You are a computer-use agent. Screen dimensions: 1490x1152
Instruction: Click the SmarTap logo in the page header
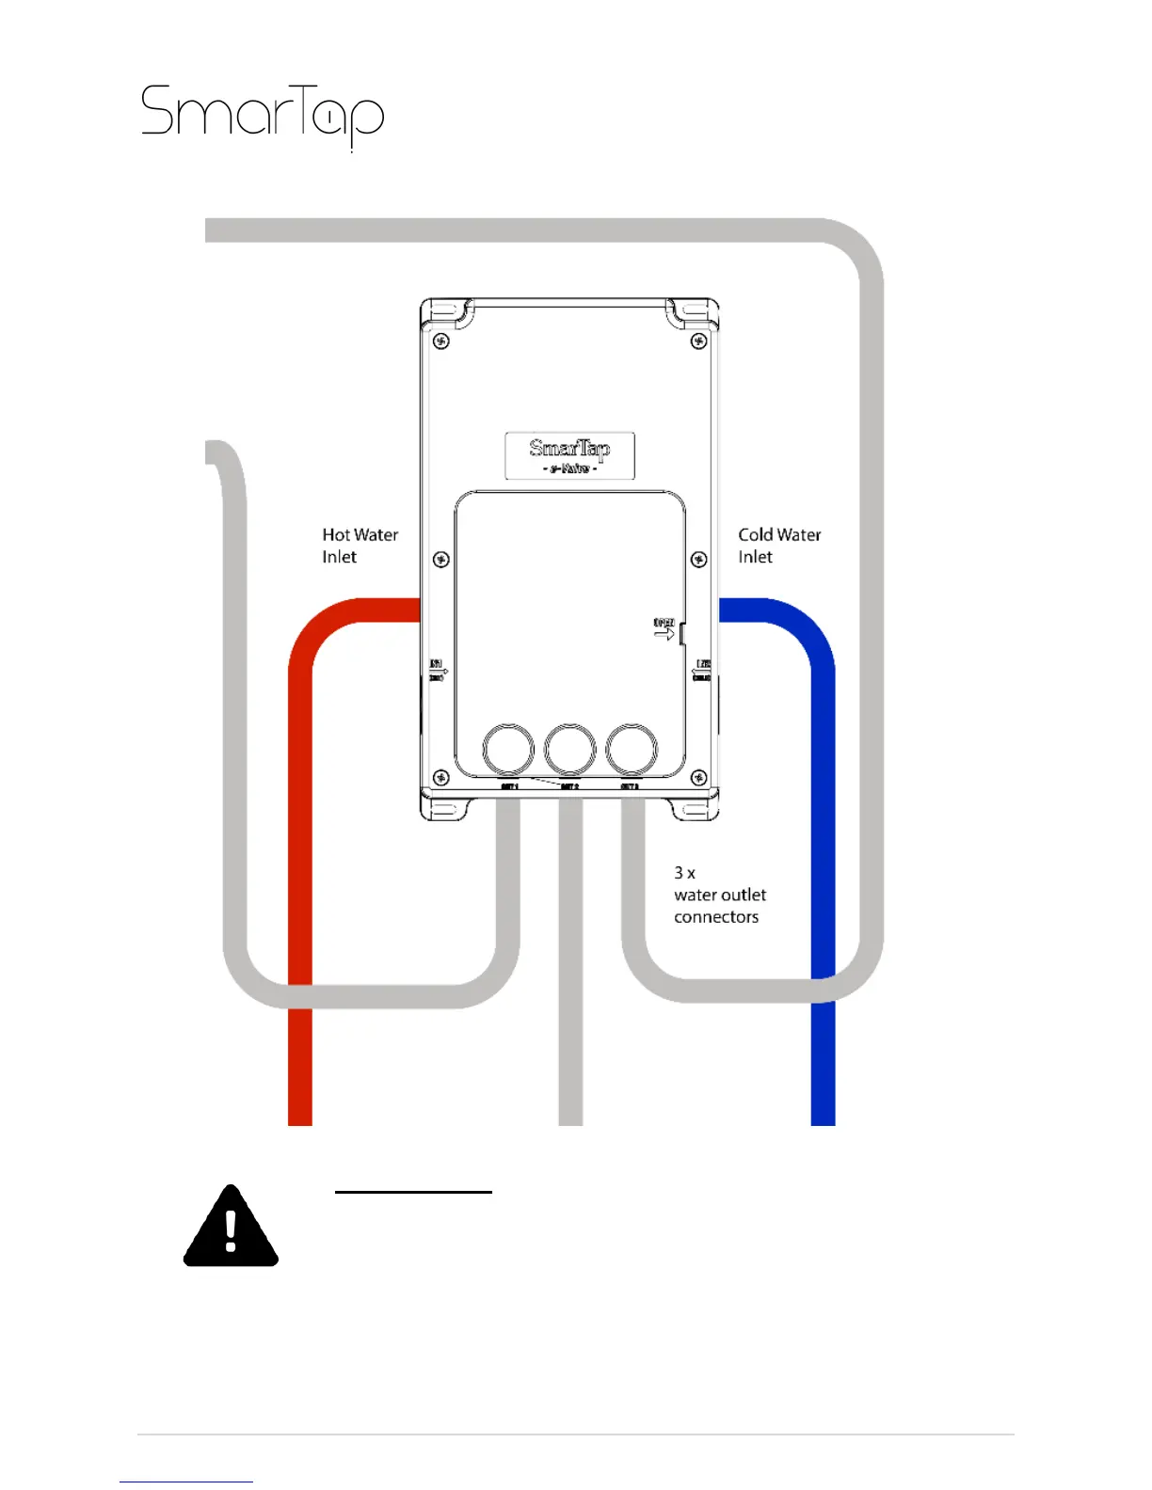click(263, 116)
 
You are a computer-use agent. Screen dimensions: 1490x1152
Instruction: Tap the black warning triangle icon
click(231, 1228)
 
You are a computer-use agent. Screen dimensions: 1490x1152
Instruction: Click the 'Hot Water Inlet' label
click(360, 546)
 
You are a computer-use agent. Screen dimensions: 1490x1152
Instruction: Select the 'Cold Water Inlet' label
click(779, 546)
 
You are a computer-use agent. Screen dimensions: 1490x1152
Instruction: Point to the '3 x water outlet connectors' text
click(720, 895)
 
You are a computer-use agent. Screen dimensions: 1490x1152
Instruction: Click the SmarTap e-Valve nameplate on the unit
click(569, 456)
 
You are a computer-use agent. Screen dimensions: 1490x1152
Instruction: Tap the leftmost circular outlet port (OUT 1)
click(508, 749)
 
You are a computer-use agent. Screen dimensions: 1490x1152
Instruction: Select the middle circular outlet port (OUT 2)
click(570, 749)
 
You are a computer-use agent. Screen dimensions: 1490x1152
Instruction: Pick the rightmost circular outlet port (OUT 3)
click(632, 749)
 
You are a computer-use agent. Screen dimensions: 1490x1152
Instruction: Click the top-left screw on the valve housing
click(440, 341)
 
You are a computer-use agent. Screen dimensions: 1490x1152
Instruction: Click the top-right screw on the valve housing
click(698, 341)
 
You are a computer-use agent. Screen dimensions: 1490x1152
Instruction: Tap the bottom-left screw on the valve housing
click(440, 778)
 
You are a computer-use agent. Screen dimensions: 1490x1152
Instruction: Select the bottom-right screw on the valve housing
click(698, 778)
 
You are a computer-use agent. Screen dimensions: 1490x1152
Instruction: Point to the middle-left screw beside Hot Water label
click(440, 560)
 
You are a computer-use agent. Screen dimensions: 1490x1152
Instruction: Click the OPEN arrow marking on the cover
click(664, 630)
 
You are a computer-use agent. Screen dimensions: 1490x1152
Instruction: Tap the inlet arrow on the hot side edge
click(438, 671)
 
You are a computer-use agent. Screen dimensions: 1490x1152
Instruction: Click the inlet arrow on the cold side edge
click(701, 671)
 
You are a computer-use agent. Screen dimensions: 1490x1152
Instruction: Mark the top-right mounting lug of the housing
click(693, 312)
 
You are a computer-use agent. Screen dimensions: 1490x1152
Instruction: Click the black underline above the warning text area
click(413, 1192)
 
